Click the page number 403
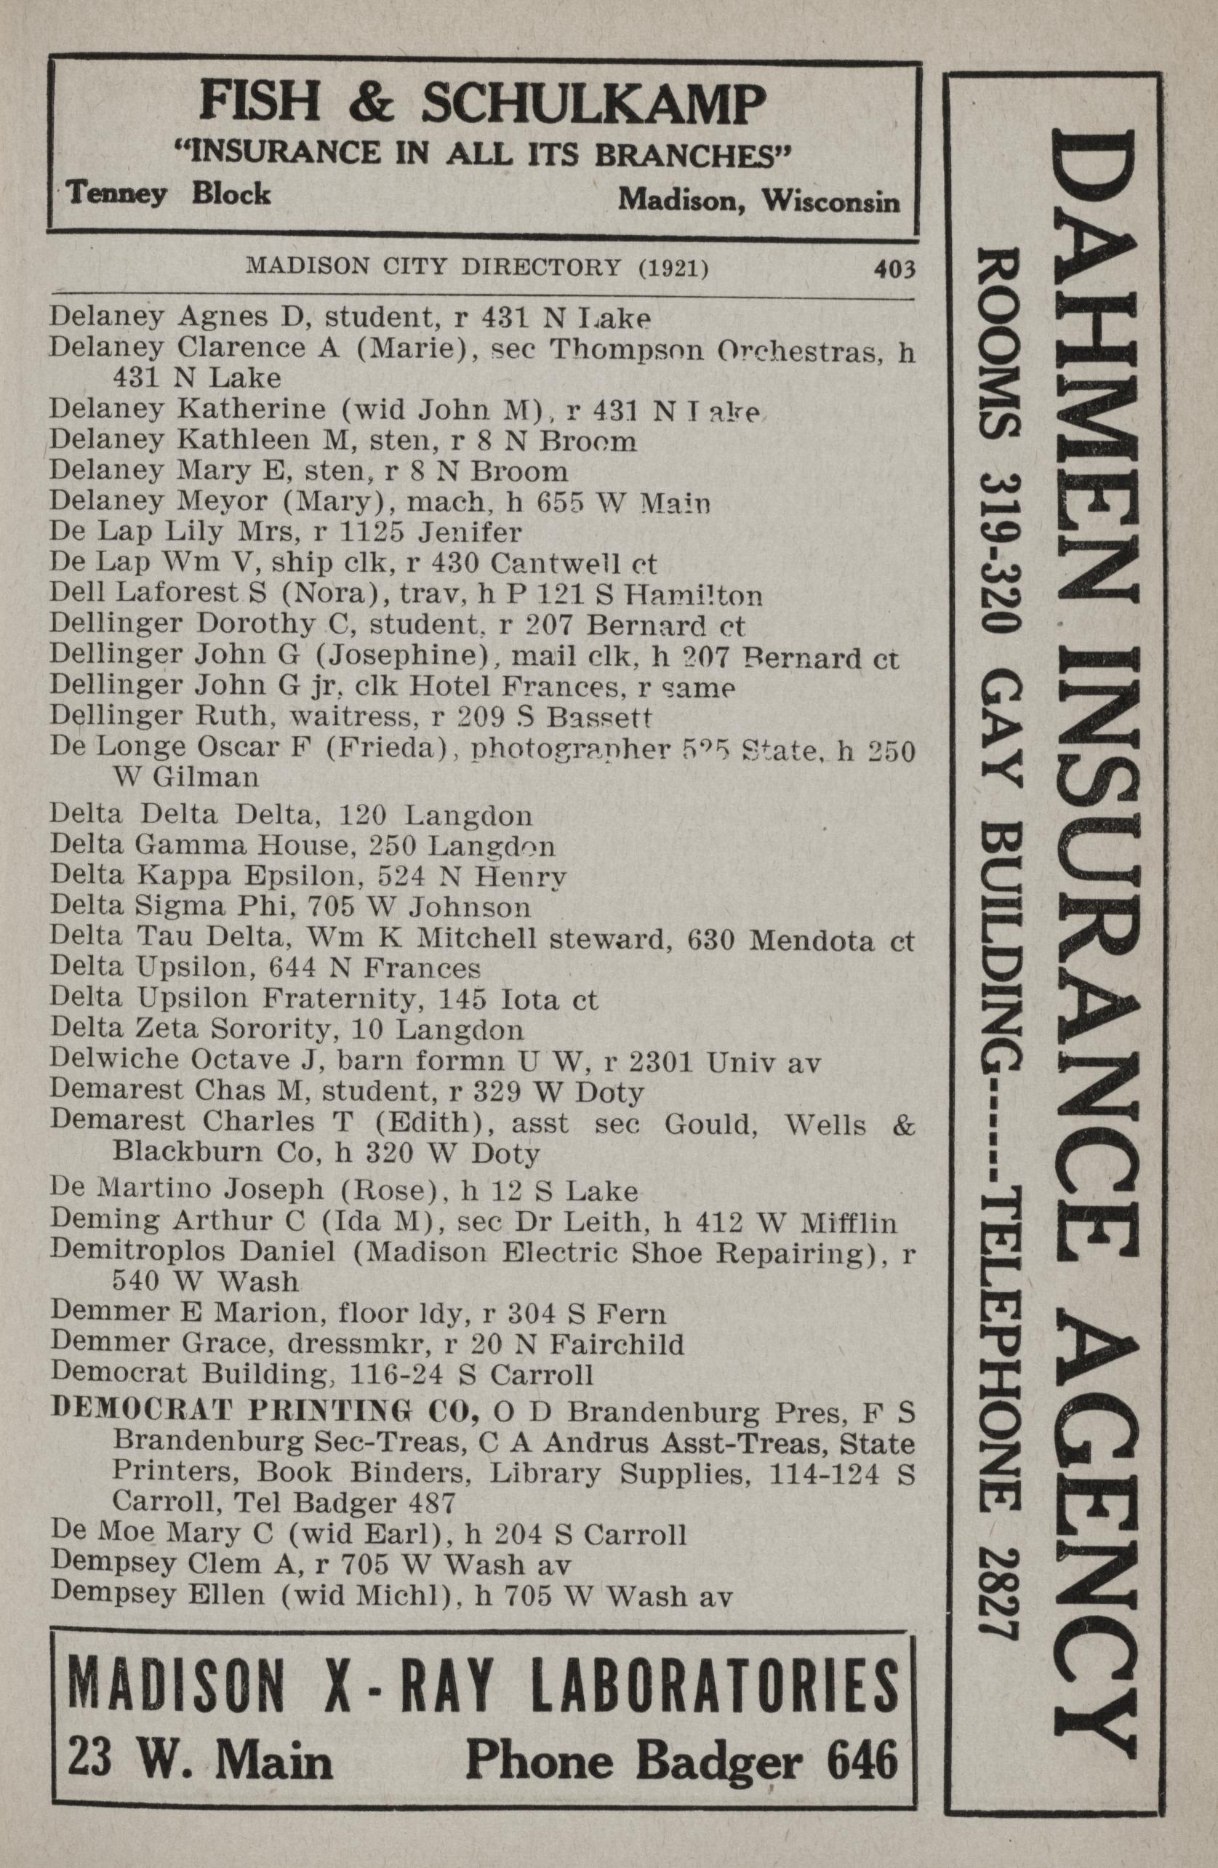[894, 270]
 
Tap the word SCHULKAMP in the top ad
[594, 105]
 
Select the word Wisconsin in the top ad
[835, 201]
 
